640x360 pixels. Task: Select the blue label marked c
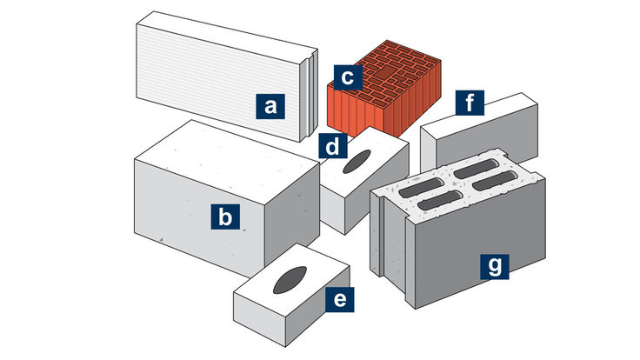pos(346,77)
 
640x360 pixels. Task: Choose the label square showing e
pos(340,300)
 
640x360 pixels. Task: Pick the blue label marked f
pos(470,104)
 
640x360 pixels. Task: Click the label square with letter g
pos(495,265)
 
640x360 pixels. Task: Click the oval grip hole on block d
pos(357,163)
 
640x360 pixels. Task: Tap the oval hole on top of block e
pos(289,279)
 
